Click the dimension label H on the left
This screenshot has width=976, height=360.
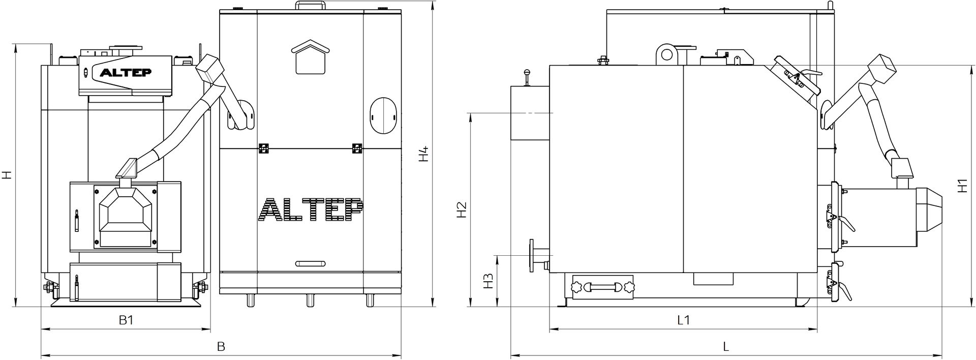[x=6, y=175]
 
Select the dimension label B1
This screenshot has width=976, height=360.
[x=126, y=320]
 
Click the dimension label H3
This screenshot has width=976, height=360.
[x=489, y=281]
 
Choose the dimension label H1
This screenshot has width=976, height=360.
[x=962, y=185]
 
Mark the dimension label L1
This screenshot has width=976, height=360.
[x=683, y=320]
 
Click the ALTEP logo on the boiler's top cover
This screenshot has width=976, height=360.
[x=125, y=72]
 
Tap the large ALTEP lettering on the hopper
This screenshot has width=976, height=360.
[x=311, y=209]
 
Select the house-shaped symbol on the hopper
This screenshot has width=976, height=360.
[x=311, y=57]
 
